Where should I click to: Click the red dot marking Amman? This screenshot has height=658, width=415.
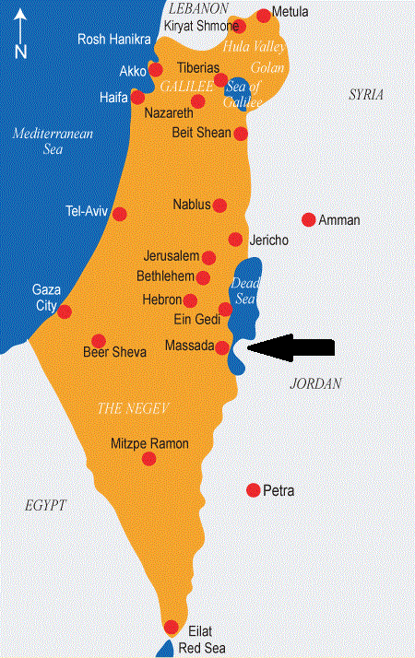point(309,219)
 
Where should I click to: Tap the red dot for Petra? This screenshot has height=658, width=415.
point(254,489)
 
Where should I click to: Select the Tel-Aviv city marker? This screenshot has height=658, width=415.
point(119,214)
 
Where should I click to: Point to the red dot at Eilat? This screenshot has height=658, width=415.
point(171,628)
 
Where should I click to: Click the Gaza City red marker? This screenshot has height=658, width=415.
point(65,311)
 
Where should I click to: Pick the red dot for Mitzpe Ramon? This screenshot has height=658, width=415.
point(149,458)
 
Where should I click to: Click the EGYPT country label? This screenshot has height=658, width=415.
point(45,506)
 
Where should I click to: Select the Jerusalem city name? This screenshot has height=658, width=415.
point(172,255)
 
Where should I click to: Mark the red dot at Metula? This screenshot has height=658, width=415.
point(265,15)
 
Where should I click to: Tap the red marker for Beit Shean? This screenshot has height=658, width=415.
point(242,134)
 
